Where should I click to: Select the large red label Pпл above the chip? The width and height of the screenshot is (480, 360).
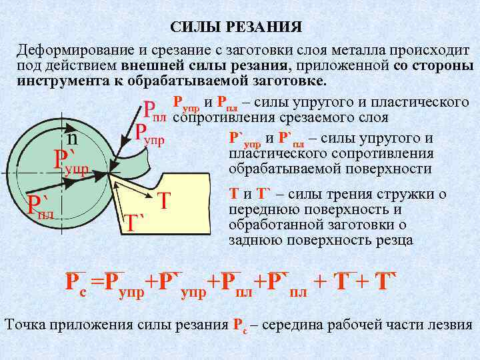coord(155,111)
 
